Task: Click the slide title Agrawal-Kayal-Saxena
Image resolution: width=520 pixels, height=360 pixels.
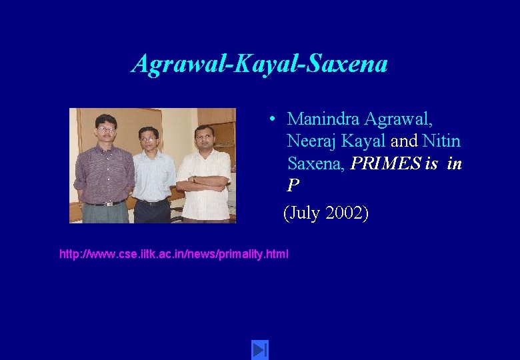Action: (260, 64)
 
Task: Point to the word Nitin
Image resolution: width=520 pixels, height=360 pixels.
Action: (441, 141)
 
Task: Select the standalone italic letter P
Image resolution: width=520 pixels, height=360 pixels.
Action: (293, 185)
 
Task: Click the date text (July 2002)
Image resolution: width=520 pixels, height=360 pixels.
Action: (325, 213)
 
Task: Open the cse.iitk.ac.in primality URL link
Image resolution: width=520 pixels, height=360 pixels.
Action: (174, 254)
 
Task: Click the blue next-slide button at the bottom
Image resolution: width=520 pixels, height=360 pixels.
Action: (259, 349)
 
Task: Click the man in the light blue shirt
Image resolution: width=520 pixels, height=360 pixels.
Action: (153, 173)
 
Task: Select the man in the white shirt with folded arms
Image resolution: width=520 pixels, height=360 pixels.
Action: (205, 170)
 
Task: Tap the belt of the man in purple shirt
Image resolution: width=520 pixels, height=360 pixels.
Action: (104, 203)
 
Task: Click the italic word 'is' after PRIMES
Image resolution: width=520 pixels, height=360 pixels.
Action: (431, 163)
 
